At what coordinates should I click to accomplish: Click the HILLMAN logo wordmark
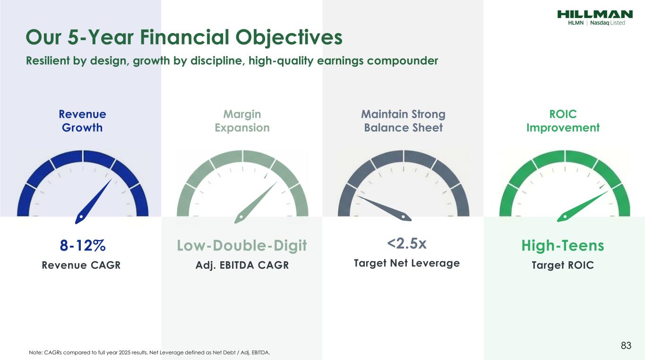click(x=595, y=14)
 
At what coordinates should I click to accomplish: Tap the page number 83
click(x=626, y=345)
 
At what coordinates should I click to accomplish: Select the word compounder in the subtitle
click(x=403, y=60)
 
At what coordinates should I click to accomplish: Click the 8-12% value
click(x=83, y=245)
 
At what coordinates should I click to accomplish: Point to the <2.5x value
click(x=406, y=243)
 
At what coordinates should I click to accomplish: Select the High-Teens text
click(x=563, y=246)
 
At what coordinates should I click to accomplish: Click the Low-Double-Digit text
click(x=242, y=246)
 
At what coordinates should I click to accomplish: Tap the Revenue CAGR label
click(x=81, y=265)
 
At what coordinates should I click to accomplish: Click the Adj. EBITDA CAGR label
click(x=242, y=265)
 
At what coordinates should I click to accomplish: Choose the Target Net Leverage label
click(x=406, y=263)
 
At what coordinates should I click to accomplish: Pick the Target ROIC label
click(x=563, y=265)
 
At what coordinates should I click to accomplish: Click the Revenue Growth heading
click(x=82, y=121)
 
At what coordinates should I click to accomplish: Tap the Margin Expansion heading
click(x=242, y=121)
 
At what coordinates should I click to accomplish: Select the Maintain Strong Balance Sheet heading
click(x=403, y=121)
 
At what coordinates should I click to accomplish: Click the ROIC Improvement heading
click(x=563, y=121)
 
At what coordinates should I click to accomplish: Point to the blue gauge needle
click(x=93, y=201)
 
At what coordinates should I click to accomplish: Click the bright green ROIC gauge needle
click(x=582, y=206)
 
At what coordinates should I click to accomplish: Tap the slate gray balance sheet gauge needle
click(x=384, y=208)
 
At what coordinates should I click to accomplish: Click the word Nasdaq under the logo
click(x=600, y=23)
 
